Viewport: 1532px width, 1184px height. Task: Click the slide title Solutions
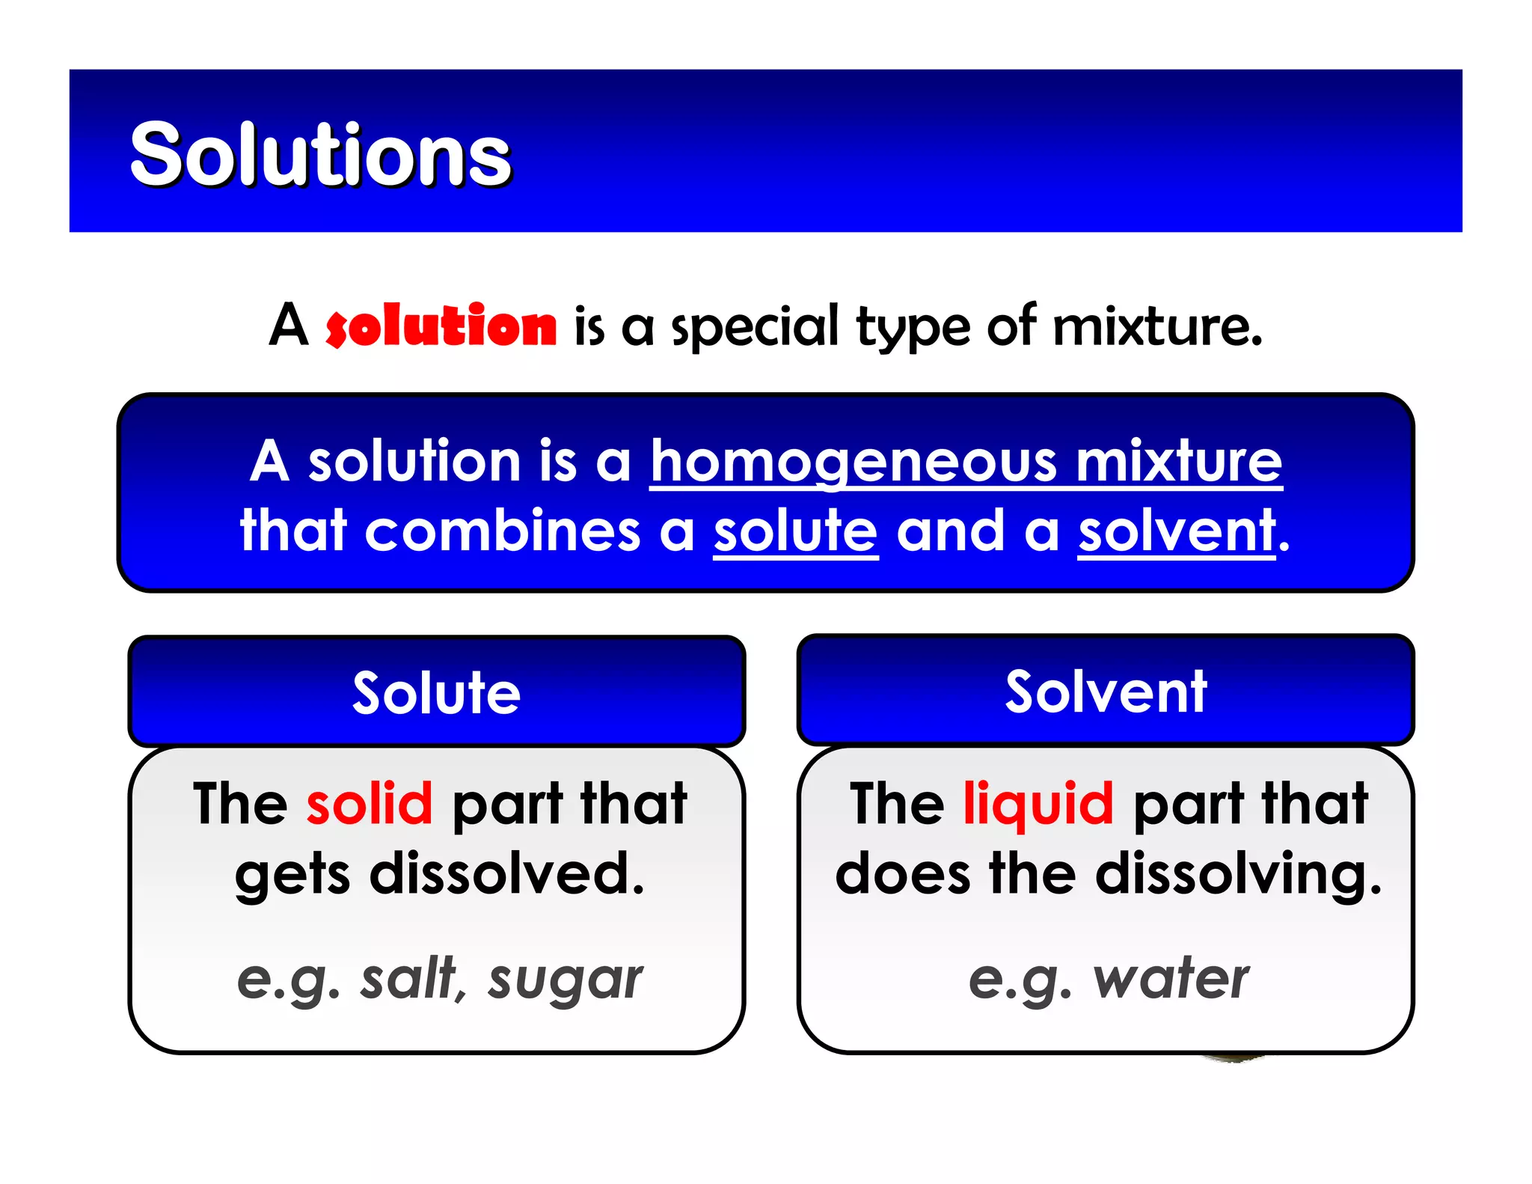pyautogui.click(x=320, y=154)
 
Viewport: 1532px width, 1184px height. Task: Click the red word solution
pyautogui.click(x=441, y=326)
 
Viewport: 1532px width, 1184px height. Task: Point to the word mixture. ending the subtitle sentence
pyautogui.click(x=1157, y=326)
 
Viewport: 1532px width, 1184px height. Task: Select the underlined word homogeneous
pyautogui.click(x=853, y=462)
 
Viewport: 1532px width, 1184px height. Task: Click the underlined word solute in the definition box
pyautogui.click(x=795, y=531)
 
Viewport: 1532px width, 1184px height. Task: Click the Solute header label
pyautogui.click(x=436, y=693)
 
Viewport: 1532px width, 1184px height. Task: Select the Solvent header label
pyautogui.click(x=1106, y=692)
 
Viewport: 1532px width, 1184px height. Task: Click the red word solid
pyautogui.click(x=370, y=804)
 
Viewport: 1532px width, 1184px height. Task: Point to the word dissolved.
pyautogui.click(x=506, y=873)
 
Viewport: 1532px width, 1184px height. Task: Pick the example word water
pyautogui.click(x=1171, y=979)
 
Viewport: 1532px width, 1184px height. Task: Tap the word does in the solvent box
pyautogui.click(x=902, y=873)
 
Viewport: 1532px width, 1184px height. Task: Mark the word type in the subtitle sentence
pyautogui.click(x=913, y=328)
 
